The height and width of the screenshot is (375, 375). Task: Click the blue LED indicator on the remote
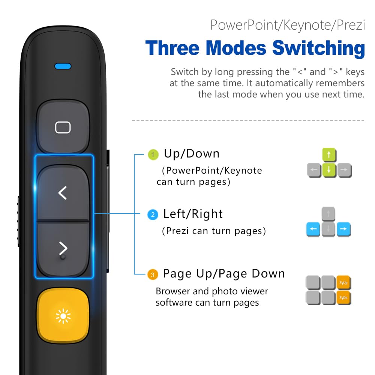(x=63, y=66)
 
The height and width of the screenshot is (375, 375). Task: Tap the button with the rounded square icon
(x=63, y=127)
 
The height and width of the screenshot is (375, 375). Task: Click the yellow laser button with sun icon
(x=63, y=316)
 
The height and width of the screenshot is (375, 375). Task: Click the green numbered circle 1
(x=153, y=154)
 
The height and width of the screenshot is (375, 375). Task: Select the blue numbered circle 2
(x=153, y=215)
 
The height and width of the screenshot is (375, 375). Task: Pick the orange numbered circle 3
(x=152, y=275)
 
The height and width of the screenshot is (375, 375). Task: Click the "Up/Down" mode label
(x=192, y=154)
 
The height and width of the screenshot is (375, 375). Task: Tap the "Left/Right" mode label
(x=193, y=214)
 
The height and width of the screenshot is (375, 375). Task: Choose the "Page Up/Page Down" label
(x=224, y=274)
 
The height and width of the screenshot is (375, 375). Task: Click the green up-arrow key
(x=329, y=154)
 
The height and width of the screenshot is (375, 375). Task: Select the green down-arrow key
(x=329, y=169)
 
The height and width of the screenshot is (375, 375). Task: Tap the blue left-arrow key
(x=313, y=229)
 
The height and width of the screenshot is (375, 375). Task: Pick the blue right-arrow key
(x=343, y=229)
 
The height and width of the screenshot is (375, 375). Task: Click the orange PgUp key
(x=343, y=282)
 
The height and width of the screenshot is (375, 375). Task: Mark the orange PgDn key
(x=343, y=297)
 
